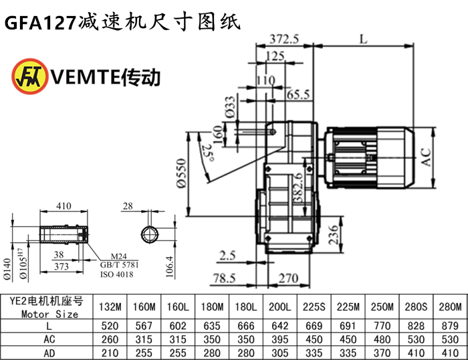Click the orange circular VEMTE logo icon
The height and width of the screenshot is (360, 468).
pyautogui.click(x=29, y=76)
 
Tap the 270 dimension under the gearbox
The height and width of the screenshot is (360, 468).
pyautogui.click(x=287, y=277)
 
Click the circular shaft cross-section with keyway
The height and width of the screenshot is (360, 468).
pyautogui.click(x=150, y=234)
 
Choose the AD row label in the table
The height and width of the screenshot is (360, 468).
pyautogui.click(x=49, y=352)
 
